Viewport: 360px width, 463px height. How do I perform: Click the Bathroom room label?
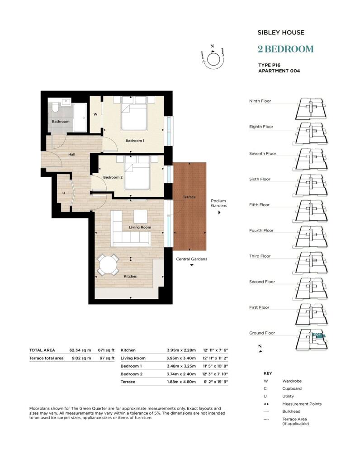pyautogui.click(x=61, y=122)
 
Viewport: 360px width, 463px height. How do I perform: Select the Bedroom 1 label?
pyautogui.click(x=135, y=141)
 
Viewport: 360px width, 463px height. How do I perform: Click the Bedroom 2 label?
pyautogui.click(x=113, y=177)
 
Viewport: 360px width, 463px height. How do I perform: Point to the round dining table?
pyautogui.click(x=108, y=265)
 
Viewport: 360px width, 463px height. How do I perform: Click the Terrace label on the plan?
pyautogui.click(x=189, y=198)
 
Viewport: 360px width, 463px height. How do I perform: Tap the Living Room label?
pyautogui.click(x=140, y=227)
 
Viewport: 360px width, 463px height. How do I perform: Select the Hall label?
pyautogui.click(x=71, y=155)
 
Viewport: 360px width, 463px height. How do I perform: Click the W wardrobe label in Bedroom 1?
pyautogui.click(x=95, y=114)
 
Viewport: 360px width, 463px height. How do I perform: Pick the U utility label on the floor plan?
pyautogui.click(x=64, y=193)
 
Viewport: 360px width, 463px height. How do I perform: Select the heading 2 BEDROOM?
pyautogui.click(x=285, y=49)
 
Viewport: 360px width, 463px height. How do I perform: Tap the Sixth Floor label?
pyautogui.click(x=260, y=179)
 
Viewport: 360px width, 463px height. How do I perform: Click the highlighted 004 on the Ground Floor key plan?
pyautogui.click(x=317, y=335)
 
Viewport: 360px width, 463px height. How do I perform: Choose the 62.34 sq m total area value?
pyautogui.click(x=80, y=350)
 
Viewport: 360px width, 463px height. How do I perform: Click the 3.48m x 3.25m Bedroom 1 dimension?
pyautogui.click(x=179, y=365)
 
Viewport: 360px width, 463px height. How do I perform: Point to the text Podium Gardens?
pyautogui.click(x=219, y=203)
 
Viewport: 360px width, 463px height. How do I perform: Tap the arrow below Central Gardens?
pyautogui.click(x=192, y=266)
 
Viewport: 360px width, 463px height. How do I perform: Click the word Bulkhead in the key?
pyautogui.click(x=292, y=411)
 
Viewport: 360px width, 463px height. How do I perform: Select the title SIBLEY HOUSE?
pyautogui.click(x=280, y=33)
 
